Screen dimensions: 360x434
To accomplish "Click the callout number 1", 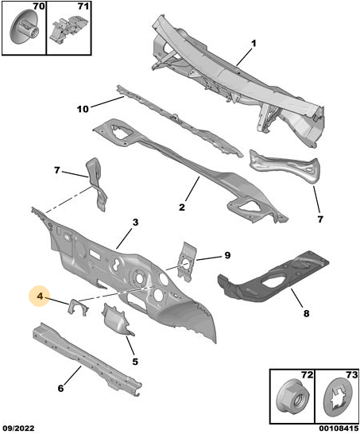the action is pyautogui.click(x=254, y=44).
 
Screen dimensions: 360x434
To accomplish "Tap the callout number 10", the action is pyautogui.click(x=83, y=109).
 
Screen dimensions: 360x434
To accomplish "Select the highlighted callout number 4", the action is pyautogui.click(x=40, y=296).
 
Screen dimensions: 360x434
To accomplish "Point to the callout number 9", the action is pyautogui.click(x=227, y=255).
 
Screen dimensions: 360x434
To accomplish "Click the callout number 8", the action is pyautogui.click(x=306, y=314).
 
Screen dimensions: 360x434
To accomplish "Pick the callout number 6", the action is pyautogui.click(x=60, y=388).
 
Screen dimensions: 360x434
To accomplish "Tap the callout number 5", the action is pyautogui.click(x=135, y=362).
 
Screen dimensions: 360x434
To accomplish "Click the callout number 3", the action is pyautogui.click(x=135, y=222).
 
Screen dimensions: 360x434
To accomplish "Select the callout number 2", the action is pyautogui.click(x=181, y=207).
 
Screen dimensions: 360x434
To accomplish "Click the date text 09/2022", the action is pyautogui.click(x=17, y=428).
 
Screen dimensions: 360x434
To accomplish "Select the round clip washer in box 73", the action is pyautogui.click(x=338, y=398).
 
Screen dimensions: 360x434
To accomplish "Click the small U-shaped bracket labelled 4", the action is pyautogui.click(x=78, y=306).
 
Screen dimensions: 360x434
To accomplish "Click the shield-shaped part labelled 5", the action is pyautogui.click(x=116, y=320).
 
